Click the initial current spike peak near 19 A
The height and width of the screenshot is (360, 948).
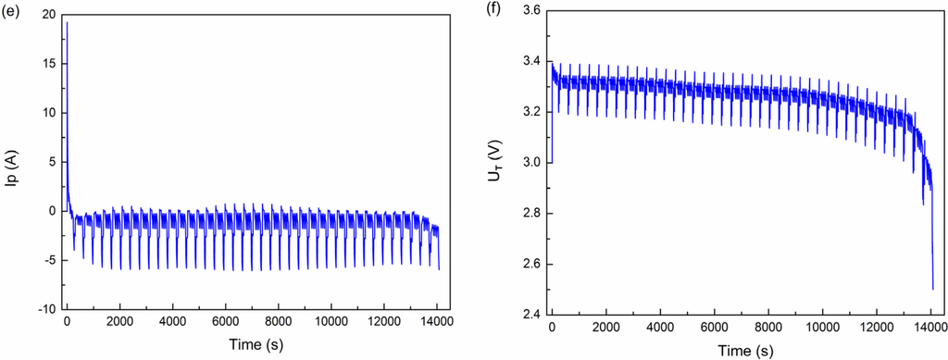point(67,22)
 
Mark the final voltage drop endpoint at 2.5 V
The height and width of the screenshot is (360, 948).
point(932,289)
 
